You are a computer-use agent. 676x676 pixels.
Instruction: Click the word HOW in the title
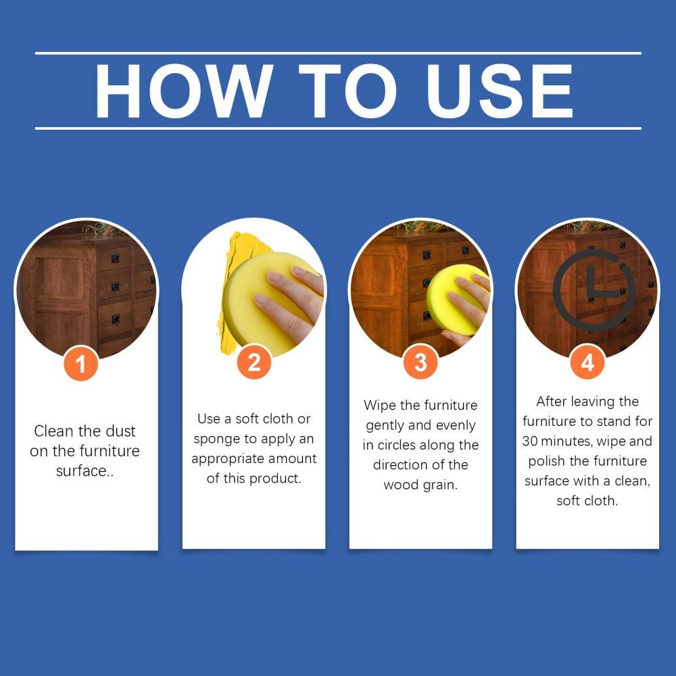pyautogui.click(x=184, y=91)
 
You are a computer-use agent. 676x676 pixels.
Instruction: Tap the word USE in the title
pyautogui.click(x=500, y=91)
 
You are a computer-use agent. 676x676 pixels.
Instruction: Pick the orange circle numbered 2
pyautogui.click(x=254, y=362)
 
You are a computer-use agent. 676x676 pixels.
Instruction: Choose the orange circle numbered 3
pyautogui.click(x=420, y=362)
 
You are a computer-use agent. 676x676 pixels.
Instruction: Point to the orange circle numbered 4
pyautogui.click(x=587, y=362)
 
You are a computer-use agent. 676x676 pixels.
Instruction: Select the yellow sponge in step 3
pyautogui.click(x=455, y=299)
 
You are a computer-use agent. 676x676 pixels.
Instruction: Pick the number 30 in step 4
pyautogui.click(x=530, y=441)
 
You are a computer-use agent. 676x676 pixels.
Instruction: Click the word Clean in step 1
pyautogui.click(x=53, y=431)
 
